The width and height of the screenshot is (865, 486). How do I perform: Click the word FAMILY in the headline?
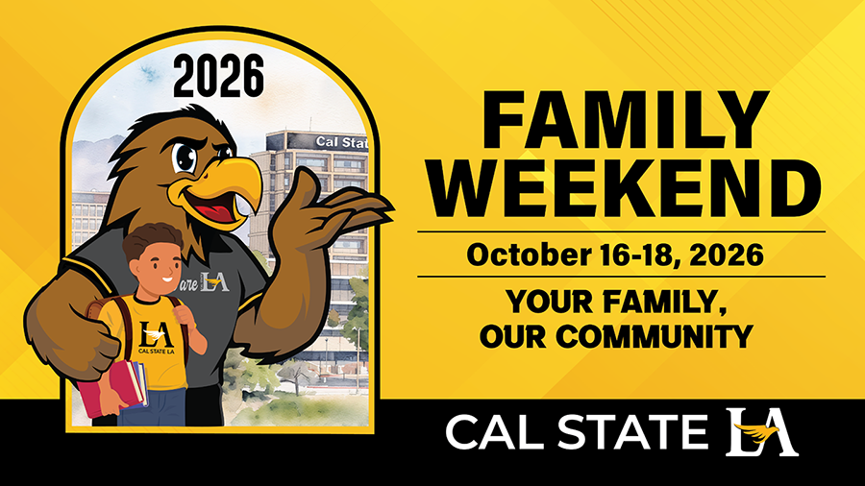click(x=625, y=120)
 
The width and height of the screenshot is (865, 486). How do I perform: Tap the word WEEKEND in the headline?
click(x=625, y=189)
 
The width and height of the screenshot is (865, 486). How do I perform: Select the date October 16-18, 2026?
click(x=615, y=255)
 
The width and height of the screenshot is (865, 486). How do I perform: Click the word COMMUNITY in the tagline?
click(x=655, y=335)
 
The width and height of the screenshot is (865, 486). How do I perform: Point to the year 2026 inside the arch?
click(x=218, y=76)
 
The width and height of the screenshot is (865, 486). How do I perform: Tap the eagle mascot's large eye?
click(x=185, y=158)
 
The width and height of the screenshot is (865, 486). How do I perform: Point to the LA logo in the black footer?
click(x=761, y=432)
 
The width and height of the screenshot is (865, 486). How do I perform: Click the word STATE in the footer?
click(x=631, y=432)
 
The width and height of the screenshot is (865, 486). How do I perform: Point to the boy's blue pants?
click(x=153, y=407)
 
